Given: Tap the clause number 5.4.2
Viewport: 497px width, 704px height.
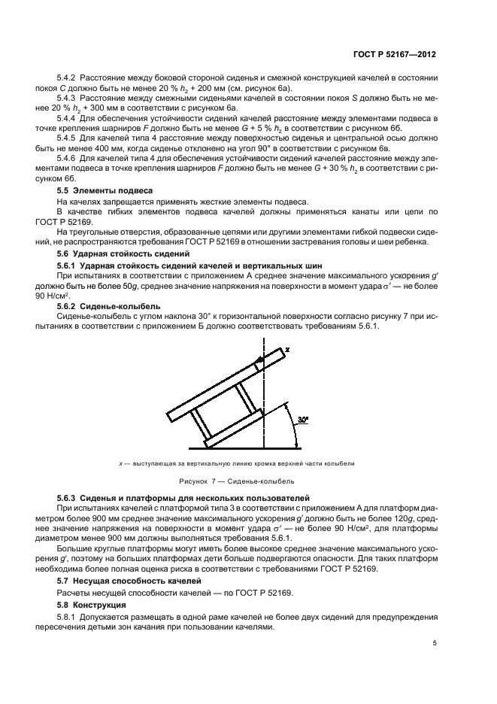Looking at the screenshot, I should pos(68,78).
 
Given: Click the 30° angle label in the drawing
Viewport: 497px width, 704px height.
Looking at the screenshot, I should pos(303,417).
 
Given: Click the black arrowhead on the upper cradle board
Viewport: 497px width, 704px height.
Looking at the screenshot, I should pos(258,363).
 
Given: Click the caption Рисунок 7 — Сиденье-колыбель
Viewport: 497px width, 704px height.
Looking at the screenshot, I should pos(236,481).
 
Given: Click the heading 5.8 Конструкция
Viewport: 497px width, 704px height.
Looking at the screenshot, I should pos(93,604).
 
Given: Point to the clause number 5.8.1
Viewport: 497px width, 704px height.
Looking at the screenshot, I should pos(68,617).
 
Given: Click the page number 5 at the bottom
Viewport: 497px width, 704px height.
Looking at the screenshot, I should pos(435,643).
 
